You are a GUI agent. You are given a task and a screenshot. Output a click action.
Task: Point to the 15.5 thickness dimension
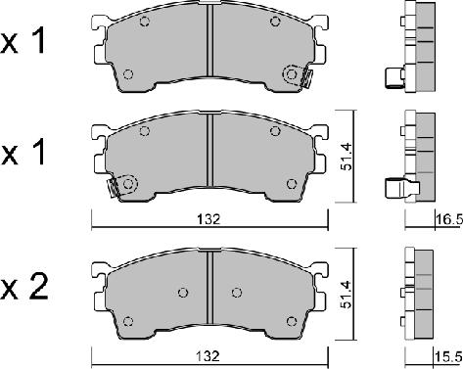(x=449, y=358)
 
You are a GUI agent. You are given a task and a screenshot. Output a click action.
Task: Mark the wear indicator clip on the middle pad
(x=119, y=185)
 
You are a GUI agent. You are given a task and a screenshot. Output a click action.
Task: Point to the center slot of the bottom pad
(x=208, y=290)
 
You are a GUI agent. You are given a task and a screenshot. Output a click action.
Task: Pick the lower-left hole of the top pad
(x=128, y=73)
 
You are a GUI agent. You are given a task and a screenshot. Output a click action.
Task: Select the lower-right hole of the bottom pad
(x=290, y=320)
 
